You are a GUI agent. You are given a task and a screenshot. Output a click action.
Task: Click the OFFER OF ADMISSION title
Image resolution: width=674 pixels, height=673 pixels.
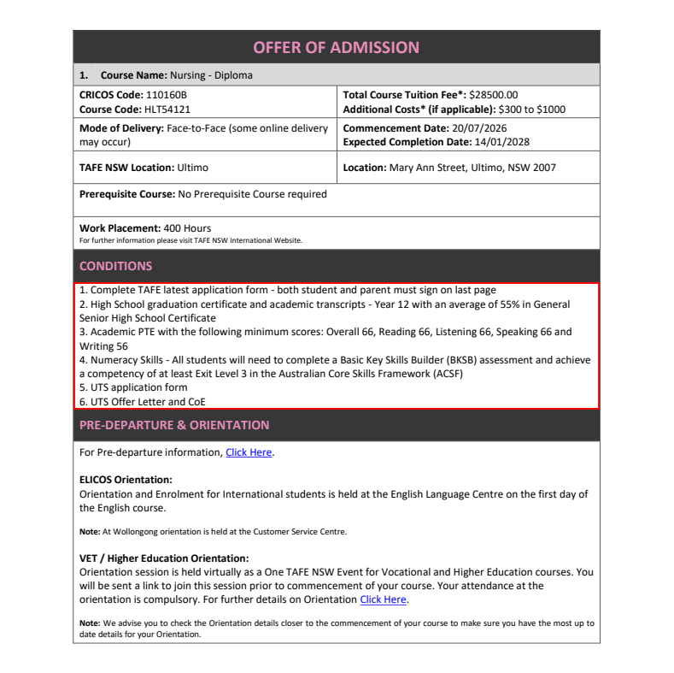click(x=337, y=47)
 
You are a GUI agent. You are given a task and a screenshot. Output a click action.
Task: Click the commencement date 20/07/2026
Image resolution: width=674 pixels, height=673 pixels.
click(x=484, y=128)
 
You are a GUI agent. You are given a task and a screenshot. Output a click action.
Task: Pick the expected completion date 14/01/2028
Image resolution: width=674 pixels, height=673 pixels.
click(x=506, y=142)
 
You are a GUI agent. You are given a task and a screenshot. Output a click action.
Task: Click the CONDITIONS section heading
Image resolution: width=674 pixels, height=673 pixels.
click(x=115, y=266)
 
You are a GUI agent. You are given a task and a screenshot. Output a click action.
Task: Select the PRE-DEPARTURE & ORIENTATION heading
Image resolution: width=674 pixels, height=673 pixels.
click(x=173, y=425)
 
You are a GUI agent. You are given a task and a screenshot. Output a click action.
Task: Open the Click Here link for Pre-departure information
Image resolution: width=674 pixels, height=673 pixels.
click(x=249, y=452)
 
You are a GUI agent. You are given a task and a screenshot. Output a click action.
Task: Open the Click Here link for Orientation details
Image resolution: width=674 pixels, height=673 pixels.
click(x=383, y=599)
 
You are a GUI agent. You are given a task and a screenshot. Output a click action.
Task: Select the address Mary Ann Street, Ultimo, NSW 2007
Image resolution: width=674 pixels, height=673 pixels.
click(x=472, y=168)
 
